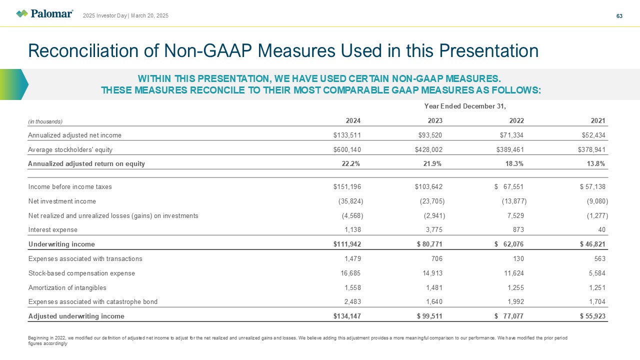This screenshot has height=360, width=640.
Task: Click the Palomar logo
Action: [44, 13]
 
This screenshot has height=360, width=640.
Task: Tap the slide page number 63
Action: [619, 16]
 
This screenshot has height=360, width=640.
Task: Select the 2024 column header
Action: [353, 120]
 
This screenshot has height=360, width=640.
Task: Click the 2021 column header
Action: [597, 120]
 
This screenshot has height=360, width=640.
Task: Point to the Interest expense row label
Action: [53, 230]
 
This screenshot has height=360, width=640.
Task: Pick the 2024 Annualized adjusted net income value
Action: [347, 135]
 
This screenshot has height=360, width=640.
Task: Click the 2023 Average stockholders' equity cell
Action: [428, 149]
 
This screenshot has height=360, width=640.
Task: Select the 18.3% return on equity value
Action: [513, 164]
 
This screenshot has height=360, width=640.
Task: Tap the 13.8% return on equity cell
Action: [595, 164]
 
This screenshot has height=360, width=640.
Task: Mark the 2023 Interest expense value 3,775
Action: [432, 230]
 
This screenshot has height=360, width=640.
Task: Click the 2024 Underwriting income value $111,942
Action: [347, 244]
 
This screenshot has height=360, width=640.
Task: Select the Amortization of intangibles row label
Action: [67, 288]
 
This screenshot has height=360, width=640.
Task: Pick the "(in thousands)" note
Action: [45, 121]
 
